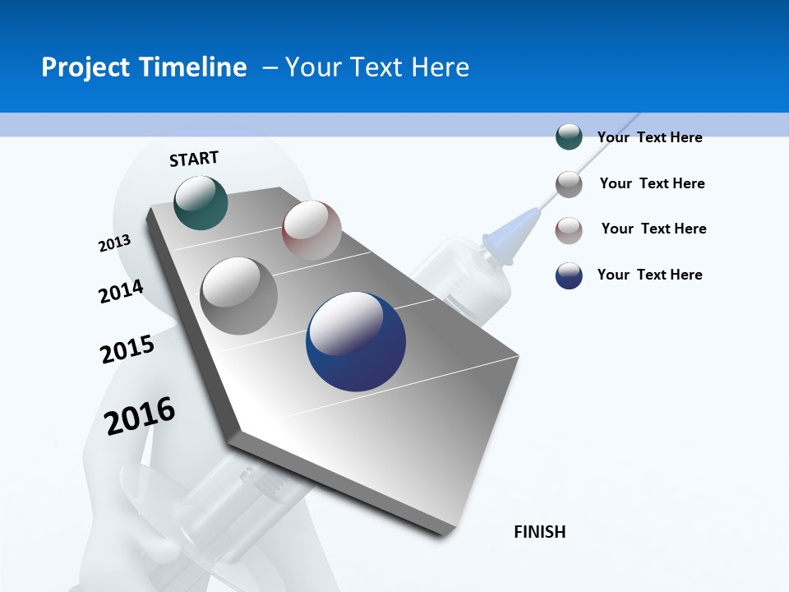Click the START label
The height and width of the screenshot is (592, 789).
coord(194,159)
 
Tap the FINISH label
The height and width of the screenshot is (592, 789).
coord(539,532)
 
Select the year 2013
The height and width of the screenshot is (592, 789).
coord(114,243)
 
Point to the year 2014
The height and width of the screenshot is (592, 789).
coord(121,291)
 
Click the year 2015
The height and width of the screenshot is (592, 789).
coord(127,349)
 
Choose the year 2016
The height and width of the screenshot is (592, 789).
coord(140,415)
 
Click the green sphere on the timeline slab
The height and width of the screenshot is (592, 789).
coord(201,202)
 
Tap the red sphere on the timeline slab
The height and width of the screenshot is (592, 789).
coord(311,230)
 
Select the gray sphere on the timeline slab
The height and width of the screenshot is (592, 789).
coord(238,296)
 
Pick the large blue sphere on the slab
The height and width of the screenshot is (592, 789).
coord(356,341)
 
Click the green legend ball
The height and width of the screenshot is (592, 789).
coord(569,137)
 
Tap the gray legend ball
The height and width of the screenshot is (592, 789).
coord(569,184)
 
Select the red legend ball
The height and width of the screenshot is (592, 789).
coord(569,230)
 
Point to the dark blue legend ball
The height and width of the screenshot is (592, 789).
coord(569,275)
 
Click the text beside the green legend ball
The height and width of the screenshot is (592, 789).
coord(649,137)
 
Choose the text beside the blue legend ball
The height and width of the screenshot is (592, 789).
coord(649,275)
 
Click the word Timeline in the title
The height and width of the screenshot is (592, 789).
coord(196,67)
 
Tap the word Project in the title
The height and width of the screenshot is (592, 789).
coord(86,67)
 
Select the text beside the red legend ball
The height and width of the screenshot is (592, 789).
coord(653,229)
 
